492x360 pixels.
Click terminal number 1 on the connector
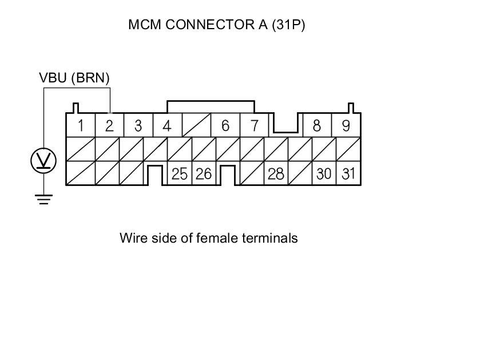click(x=81, y=125)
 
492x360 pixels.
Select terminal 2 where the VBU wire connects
click(x=109, y=125)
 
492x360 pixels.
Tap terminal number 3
click(x=138, y=125)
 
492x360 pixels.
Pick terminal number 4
click(x=166, y=125)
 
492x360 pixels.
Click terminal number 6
click(x=225, y=125)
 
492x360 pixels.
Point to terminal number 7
click(x=254, y=125)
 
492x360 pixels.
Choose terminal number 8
click(x=316, y=125)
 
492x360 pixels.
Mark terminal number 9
click(x=346, y=125)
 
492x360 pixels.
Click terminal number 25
click(x=180, y=174)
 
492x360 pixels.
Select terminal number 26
click(x=204, y=174)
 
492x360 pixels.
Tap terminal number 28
click(x=276, y=174)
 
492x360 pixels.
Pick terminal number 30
click(x=324, y=174)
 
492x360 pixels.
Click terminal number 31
click(x=348, y=174)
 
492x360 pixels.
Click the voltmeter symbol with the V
click(x=43, y=161)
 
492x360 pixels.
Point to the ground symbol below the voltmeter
click(x=43, y=199)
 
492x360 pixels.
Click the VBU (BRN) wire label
click(x=74, y=78)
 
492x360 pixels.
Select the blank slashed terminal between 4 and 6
click(x=196, y=125)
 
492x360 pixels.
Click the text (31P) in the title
click(x=290, y=25)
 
